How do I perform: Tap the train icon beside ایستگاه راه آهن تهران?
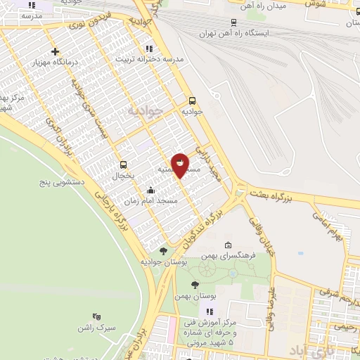pos(233,23)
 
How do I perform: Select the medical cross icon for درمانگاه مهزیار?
pos(56,51)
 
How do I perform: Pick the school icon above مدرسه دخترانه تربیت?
pos(148,49)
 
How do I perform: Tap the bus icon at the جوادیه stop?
pos(193,100)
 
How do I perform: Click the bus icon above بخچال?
pos(124,165)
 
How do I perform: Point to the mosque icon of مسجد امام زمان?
pos(150,190)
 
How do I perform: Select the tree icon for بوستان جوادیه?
pos(163,251)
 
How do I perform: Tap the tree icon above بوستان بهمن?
pos(195,285)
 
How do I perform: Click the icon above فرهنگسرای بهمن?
pos(227,245)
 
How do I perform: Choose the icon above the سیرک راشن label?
pos(96,317)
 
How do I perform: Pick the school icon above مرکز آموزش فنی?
pos(209,311)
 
